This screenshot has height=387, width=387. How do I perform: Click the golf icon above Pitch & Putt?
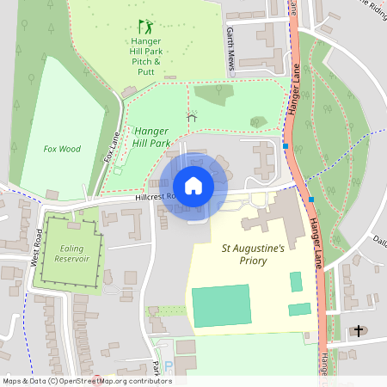click(x=145, y=27)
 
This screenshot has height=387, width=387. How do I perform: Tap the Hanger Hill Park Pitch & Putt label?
click(x=147, y=51)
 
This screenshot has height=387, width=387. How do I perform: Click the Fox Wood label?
click(x=62, y=149)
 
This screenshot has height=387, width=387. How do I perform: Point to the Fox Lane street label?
click(x=112, y=147)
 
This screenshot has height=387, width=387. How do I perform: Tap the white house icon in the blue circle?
click(x=193, y=186)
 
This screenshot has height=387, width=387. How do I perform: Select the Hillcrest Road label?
click(x=155, y=197)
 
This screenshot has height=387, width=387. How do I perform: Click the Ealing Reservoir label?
click(x=70, y=253)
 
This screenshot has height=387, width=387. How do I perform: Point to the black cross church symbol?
click(x=359, y=331)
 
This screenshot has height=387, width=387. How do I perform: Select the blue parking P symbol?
click(x=169, y=365)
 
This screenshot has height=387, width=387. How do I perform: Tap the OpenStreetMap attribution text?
click(x=87, y=381)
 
